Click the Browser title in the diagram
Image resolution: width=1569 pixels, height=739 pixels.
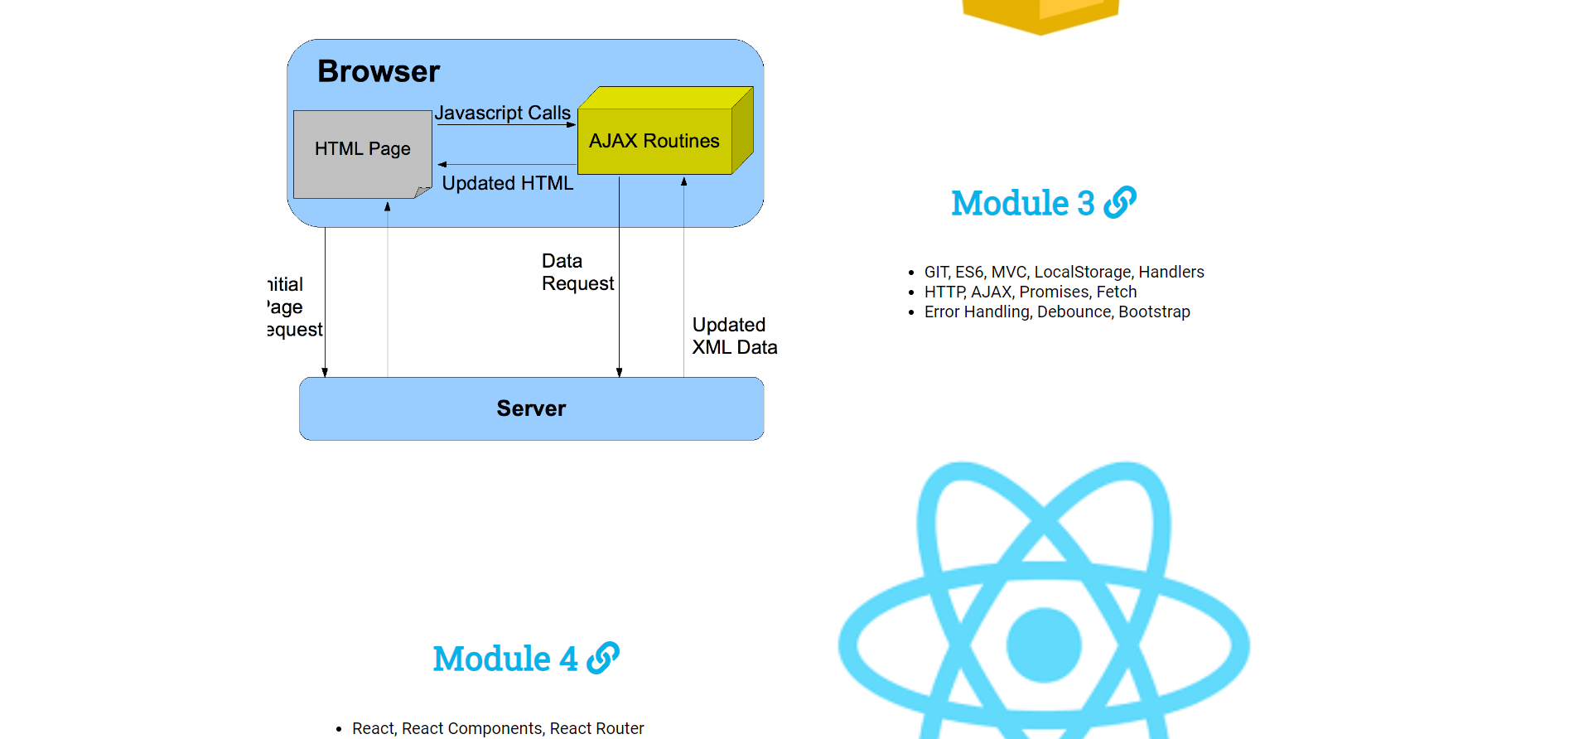(x=379, y=72)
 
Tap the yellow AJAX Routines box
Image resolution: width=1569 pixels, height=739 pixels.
(x=654, y=141)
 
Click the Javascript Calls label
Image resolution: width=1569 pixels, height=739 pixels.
(x=502, y=113)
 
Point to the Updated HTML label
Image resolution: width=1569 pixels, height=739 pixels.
(x=507, y=183)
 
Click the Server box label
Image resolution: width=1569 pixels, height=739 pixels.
(x=531, y=408)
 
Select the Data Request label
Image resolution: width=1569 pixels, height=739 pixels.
(x=577, y=273)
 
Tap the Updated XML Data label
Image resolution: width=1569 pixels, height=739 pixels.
(x=734, y=336)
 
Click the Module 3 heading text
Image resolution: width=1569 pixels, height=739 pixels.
(x=1022, y=203)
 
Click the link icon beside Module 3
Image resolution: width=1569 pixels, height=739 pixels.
(x=1120, y=202)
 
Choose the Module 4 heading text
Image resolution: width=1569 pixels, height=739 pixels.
(x=504, y=659)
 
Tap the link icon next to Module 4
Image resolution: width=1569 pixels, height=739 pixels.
(x=603, y=658)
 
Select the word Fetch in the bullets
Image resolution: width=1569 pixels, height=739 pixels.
(x=1116, y=292)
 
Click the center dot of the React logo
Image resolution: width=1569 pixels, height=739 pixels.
(x=1044, y=645)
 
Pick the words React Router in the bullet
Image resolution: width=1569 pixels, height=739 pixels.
(x=596, y=728)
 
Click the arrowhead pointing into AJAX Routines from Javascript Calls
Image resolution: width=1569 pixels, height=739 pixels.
(x=572, y=124)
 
